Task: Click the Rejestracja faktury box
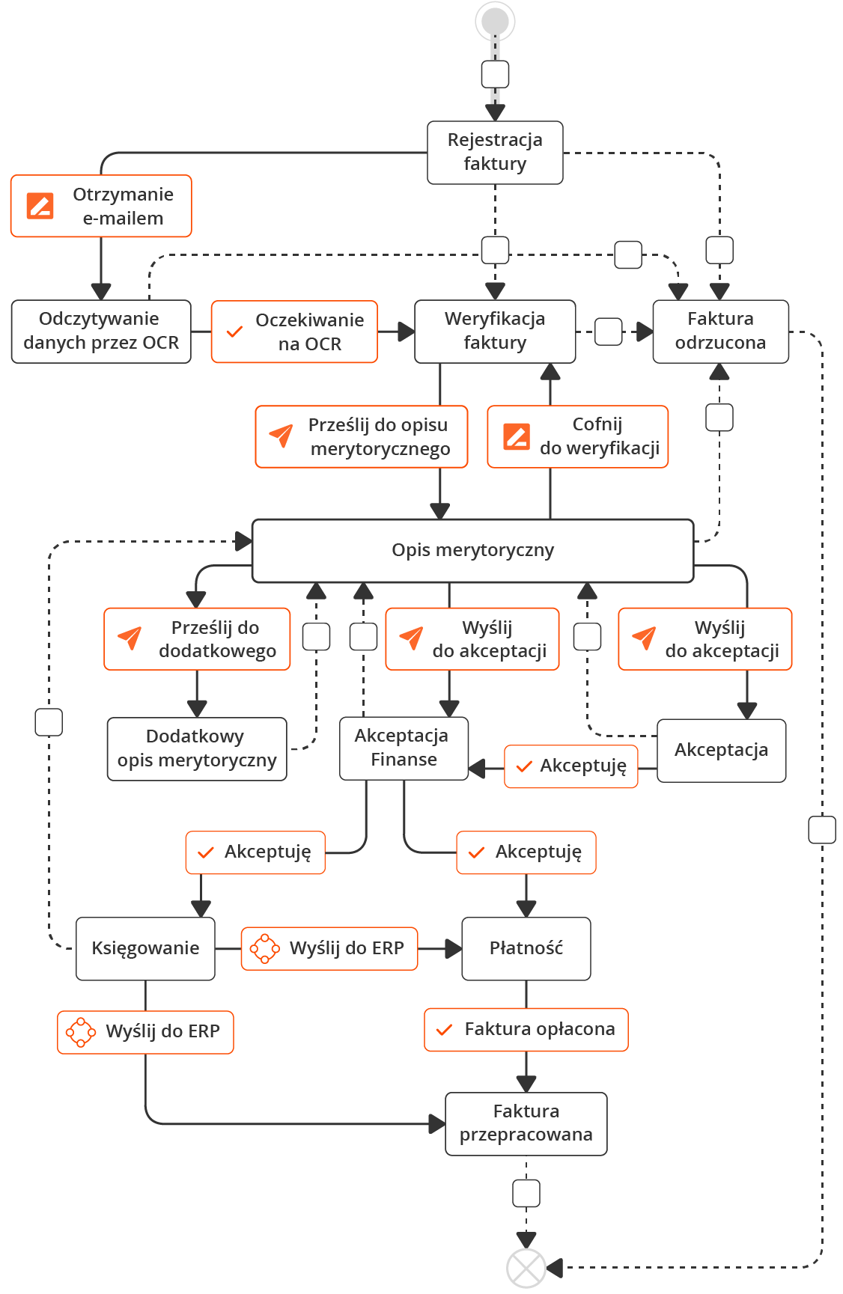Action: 495,153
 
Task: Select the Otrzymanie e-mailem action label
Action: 101,207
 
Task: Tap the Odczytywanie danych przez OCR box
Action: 101,331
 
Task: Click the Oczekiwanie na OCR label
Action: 294,332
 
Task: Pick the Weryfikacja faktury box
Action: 495,331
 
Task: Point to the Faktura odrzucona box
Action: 720,331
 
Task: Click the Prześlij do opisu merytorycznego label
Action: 362,436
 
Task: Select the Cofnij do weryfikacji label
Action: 577,436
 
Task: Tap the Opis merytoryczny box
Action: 472,550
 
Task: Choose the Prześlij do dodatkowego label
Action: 197,638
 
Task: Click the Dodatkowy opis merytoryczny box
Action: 197,748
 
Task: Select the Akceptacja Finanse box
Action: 404,748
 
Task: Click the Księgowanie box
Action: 145,948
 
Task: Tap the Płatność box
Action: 526,948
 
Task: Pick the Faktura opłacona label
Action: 526,1029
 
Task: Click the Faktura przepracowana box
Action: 526,1123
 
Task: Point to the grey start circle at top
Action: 495,21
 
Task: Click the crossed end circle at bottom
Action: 526,1268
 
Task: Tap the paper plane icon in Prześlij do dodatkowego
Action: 130,638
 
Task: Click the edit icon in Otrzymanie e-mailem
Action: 40,205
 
